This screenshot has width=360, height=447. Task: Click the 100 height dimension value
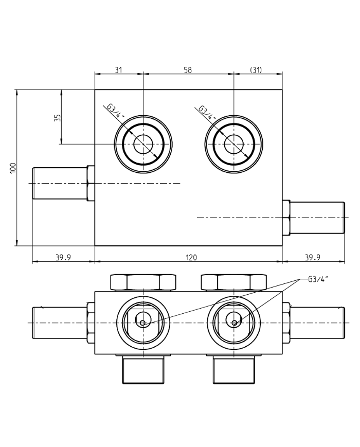coord(13,168)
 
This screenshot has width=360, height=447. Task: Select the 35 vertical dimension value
coord(58,117)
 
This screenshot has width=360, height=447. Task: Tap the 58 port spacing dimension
coord(188,70)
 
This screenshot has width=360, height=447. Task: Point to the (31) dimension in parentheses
coord(256,70)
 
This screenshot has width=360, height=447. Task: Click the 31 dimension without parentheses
coord(118,70)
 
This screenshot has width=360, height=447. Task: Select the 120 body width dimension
coord(191,257)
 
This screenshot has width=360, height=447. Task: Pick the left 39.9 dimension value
coord(63,257)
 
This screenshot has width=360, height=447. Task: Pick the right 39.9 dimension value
coord(313,257)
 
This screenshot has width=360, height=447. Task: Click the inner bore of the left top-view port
coord(143,144)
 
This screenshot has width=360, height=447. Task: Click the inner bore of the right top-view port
coord(233,144)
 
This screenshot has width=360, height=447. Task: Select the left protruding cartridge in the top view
coord(60,183)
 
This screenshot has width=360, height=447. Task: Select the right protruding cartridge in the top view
coord(316,218)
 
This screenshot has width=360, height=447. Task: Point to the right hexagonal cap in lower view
coord(233,282)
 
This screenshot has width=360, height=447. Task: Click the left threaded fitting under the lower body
coord(142,371)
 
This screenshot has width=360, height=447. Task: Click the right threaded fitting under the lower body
coord(233,371)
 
